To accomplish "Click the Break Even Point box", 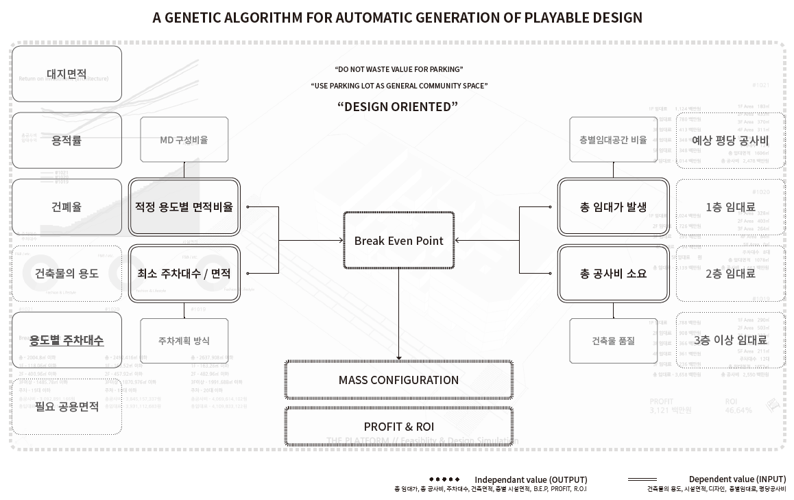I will coord(398,241).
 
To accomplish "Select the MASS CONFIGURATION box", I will coord(398,380).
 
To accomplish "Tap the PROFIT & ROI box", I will coord(398,427).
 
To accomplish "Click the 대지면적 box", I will coord(67,73).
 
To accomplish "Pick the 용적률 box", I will coord(67,140).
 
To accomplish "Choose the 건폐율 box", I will coord(67,206).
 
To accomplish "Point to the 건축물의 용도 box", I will coord(67,273).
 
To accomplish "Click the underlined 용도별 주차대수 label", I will coord(67,340).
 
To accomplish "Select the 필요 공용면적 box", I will coord(67,406).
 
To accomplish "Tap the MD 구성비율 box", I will coord(184,140).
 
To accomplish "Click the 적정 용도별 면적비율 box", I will coord(184,206).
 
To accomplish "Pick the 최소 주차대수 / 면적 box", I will coord(184,273).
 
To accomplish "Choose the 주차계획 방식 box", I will coord(184,340).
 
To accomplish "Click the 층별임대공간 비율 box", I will coord(613,140).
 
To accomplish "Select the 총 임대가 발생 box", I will coord(613,206).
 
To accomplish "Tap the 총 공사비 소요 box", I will coord(613,273).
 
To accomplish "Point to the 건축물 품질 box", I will coord(613,340).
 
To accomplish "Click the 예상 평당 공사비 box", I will coord(730,140).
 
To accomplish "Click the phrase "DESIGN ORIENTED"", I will coord(398,106).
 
